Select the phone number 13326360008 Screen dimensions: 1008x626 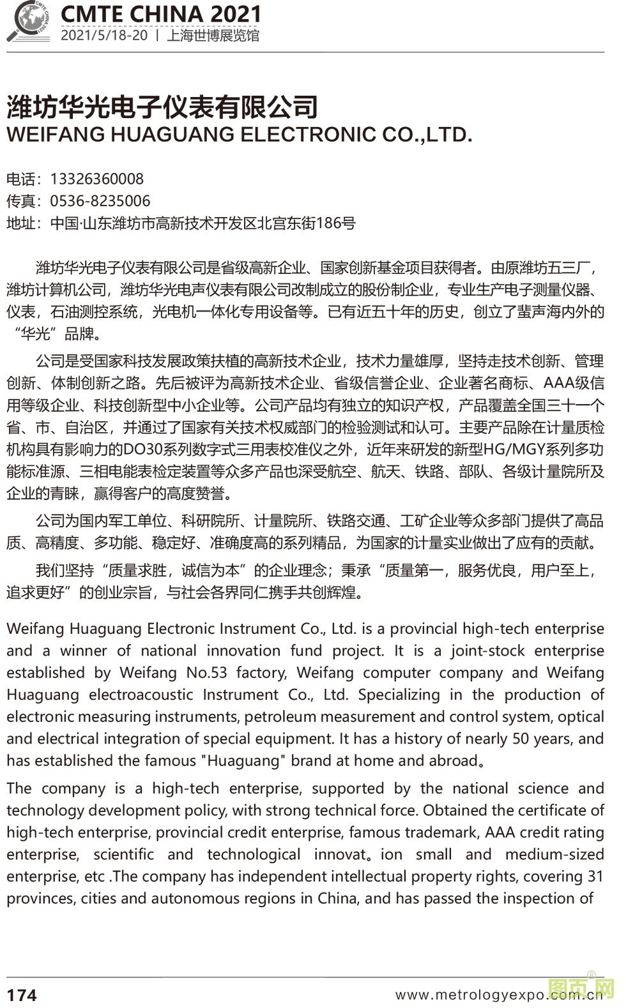pos(97,179)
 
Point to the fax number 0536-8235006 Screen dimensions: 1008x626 pos(100,201)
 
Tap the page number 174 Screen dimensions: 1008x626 pos(22,995)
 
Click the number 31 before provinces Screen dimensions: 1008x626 pos(594,876)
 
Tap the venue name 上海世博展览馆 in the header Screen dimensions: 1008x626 pos(213,36)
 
